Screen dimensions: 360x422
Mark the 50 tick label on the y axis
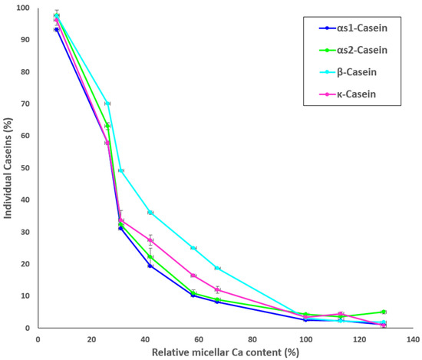click(x=24, y=168)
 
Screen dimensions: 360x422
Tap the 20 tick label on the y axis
click(x=24, y=264)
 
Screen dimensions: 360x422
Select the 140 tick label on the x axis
click(x=413, y=338)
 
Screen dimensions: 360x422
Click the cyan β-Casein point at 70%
click(x=107, y=104)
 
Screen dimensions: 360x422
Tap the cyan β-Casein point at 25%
click(x=193, y=248)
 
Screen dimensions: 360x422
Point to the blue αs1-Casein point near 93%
click(x=57, y=29)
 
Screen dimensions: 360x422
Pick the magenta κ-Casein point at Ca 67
click(x=218, y=289)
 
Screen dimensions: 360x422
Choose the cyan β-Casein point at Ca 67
click(x=218, y=268)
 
